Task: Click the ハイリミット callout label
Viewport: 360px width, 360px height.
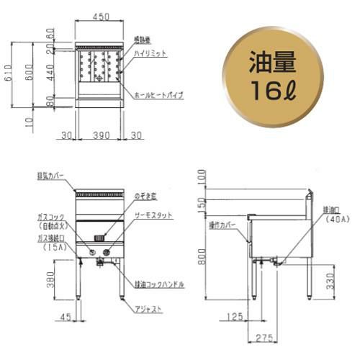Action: click(x=149, y=53)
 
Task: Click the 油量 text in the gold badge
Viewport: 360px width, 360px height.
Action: click(x=272, y=63)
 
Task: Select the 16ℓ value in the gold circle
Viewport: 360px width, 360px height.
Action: click(x=272, y=92)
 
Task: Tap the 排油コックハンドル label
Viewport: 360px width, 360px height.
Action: click(x=159, y=284)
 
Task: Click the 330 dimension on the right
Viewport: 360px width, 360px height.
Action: click(x=329, y=279)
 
